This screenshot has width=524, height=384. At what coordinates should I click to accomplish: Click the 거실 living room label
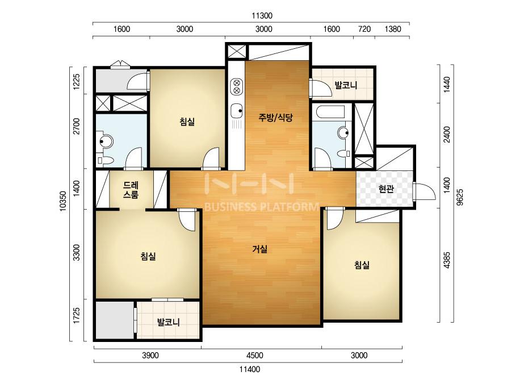click(x=259, y=249)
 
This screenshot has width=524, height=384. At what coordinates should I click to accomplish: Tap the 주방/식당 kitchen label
click(x=275, y=117)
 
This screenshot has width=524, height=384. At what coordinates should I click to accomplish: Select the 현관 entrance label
click(x=386, y=189)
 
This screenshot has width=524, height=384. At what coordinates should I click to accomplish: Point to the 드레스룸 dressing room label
click(x=131, y=190)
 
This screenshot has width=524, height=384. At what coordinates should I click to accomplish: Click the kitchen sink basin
click(x=237, y=111)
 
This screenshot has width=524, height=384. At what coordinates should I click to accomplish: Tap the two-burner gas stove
click(x=237, y=86)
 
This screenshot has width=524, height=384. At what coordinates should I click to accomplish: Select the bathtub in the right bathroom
click(x=330, y=112)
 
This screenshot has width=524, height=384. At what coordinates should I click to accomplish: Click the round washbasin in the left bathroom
click(x=106, y=141)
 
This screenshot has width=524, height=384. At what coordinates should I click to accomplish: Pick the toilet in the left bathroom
click(x=104, y=160)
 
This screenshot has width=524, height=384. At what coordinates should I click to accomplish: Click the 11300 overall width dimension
click(x=262, y=16)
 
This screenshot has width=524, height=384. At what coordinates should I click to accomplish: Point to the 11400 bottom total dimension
click(x=250, y=369)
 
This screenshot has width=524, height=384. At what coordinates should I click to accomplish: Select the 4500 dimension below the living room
click(x=255, y=355)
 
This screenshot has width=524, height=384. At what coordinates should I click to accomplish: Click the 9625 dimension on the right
click(x=460, y=197)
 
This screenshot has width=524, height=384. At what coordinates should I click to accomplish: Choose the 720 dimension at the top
click(x=364, y=29)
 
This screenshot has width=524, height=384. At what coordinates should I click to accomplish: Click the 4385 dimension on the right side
click(x=447, y=260)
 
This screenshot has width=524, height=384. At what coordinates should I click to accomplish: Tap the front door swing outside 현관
click(x=425, y=191)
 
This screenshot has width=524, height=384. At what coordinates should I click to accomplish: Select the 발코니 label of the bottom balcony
click(x=169, y=322)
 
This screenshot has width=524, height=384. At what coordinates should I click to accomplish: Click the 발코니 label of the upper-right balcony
click(x=346, y=85)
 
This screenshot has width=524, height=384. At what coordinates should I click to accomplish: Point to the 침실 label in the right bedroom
click(x=362, y=265)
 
